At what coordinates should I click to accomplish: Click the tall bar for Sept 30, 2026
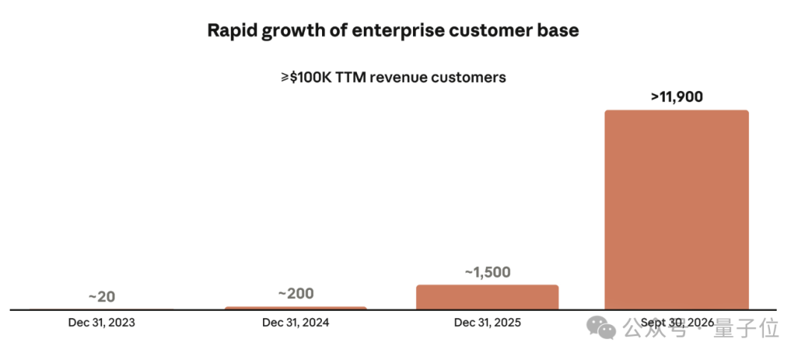click(x=676, y=209)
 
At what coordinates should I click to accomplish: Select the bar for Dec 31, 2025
click(x=487, y=297)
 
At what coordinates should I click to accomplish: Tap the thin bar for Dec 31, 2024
click(x=296, y=308)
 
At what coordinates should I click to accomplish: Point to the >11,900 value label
click(x=677, y=97)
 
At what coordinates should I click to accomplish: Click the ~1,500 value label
click(x=487, y=272)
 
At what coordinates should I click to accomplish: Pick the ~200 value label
click(x=296, y=294)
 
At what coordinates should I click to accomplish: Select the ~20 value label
click(x=101, y=297)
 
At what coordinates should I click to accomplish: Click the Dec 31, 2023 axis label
click(x=101, y=323)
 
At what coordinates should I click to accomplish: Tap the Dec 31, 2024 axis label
click(x=296, y=323)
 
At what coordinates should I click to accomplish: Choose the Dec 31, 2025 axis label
click(x=487, y=323)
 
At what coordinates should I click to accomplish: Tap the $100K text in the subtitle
click(x=311, y=78)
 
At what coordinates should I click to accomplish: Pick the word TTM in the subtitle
click(x=351, y=78)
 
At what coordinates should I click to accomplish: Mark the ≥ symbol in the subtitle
click(x=285, y=78)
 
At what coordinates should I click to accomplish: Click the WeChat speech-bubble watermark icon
click(x=602, y=328)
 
